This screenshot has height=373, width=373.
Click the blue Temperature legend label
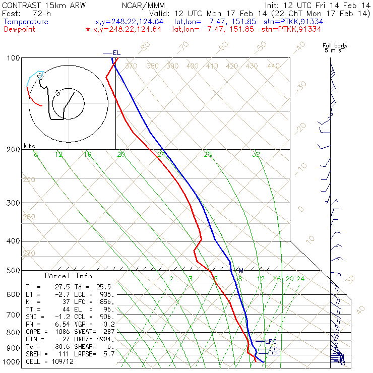tap(26, 22)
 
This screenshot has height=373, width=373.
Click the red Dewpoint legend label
tap(20, 29)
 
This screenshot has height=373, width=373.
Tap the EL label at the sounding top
tap(116, 52)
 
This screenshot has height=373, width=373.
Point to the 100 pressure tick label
tap(14, 58)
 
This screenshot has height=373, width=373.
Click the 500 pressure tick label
tap(14, 271)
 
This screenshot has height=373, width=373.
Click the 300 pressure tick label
tap(14, 203)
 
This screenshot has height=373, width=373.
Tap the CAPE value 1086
tap(63, 332)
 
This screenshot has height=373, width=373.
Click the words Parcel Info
tap(69, 276)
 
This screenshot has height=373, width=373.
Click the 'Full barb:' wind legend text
tap(335, 46)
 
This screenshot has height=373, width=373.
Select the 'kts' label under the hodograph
tap(29, 146)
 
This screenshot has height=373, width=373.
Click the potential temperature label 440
tap(273, 66)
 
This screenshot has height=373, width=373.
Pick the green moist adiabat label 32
tap(256, 154)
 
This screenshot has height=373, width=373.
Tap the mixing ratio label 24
tap(300, 279)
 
